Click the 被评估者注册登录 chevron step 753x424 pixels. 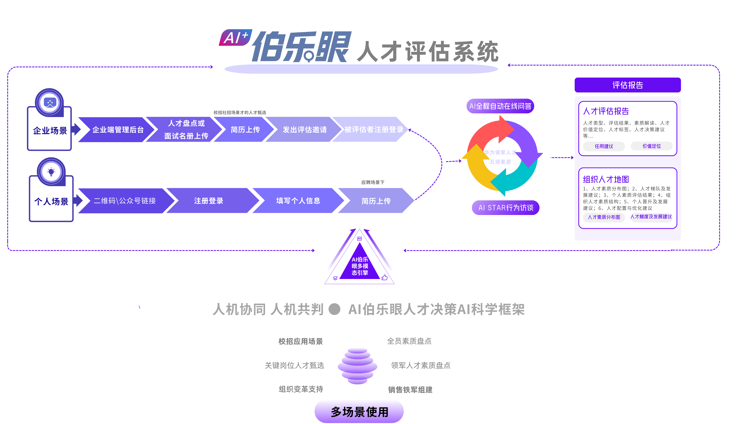[374, 130]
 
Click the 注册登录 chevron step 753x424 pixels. [208, 201]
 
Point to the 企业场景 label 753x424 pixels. [50, 130]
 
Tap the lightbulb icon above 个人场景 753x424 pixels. [51, 172]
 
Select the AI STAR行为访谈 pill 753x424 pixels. [505, 208]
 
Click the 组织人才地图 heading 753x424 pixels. [606, 179]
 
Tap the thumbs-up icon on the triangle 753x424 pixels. [384, 277]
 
